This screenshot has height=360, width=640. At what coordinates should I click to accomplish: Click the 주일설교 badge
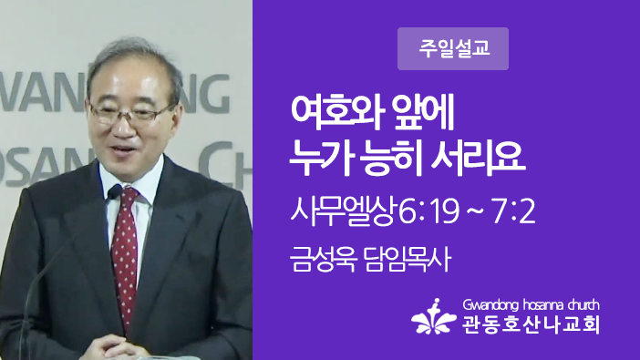point(453,48)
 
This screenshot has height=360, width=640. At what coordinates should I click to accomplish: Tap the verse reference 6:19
point(428,212)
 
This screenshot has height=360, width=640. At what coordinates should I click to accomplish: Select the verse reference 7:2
point(513,212)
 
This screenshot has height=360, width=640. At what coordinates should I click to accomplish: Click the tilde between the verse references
point(476,212)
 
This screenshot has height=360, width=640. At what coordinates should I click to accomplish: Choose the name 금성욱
point(324,259)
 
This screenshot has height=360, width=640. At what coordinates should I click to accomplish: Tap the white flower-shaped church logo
point(433,316)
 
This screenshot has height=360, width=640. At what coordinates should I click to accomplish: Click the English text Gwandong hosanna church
point(531,305)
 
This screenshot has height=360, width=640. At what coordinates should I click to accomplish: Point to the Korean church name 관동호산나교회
point(531,324)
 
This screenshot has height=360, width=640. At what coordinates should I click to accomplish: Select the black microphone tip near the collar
point(115,191)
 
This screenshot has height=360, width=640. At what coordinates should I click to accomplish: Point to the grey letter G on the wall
point(214,94)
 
